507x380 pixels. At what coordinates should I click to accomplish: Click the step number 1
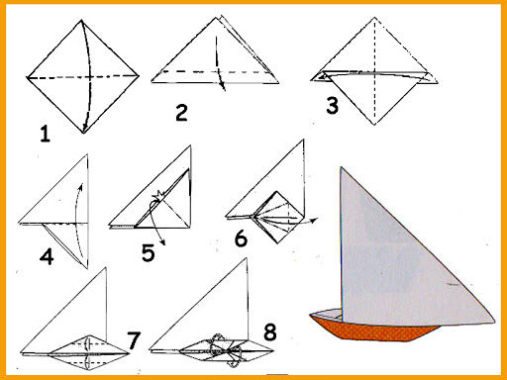point(46,134)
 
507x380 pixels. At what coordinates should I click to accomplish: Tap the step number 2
point(181,113)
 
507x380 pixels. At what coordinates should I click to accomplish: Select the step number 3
point(332,106)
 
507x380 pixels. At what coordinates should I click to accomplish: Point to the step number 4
point(47,257)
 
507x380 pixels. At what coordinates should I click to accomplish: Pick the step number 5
point(148,252)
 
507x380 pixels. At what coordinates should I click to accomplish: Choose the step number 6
point(241,238)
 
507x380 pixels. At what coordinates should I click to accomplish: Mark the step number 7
point(134,340)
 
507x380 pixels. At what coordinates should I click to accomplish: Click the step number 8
point(270,332)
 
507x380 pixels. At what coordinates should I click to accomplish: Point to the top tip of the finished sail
point(342,167)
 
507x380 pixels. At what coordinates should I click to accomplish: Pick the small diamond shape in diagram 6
point(277,217)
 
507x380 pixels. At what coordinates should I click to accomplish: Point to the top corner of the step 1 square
point(82,21)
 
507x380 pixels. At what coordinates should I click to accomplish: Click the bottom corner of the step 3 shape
point(374,125)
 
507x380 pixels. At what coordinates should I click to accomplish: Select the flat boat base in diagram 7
point(88,353)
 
